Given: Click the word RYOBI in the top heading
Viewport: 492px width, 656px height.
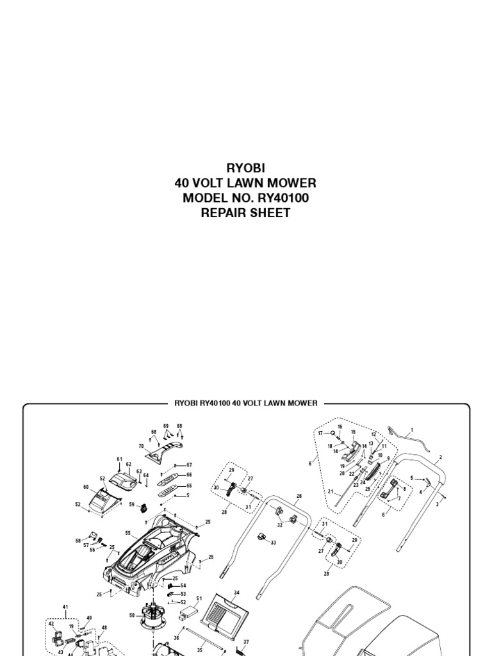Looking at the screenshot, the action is [x=245, y=168].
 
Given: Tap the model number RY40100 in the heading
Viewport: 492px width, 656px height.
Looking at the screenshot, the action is [x=279, y=199].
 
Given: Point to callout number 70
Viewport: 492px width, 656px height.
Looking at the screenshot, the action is [x=142, y=446].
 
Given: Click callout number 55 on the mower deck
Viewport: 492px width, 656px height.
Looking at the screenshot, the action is [x=128, y=533].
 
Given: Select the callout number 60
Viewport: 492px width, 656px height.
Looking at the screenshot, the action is [x=86, y=487].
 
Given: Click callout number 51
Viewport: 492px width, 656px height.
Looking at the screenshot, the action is [x=199, y=599].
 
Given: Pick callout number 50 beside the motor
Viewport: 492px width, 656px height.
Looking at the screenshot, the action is [x=132, y=616].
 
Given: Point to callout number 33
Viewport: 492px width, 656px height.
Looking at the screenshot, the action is [x=274, y=543].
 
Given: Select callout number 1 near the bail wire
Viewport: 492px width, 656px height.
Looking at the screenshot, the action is [x=412, y=430].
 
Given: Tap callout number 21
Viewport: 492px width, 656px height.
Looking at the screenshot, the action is [x=331, y=491].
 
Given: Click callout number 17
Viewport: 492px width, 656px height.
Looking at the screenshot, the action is [x=319, y=434].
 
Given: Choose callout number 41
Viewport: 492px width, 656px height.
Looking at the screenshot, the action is [x=65, y=606].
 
